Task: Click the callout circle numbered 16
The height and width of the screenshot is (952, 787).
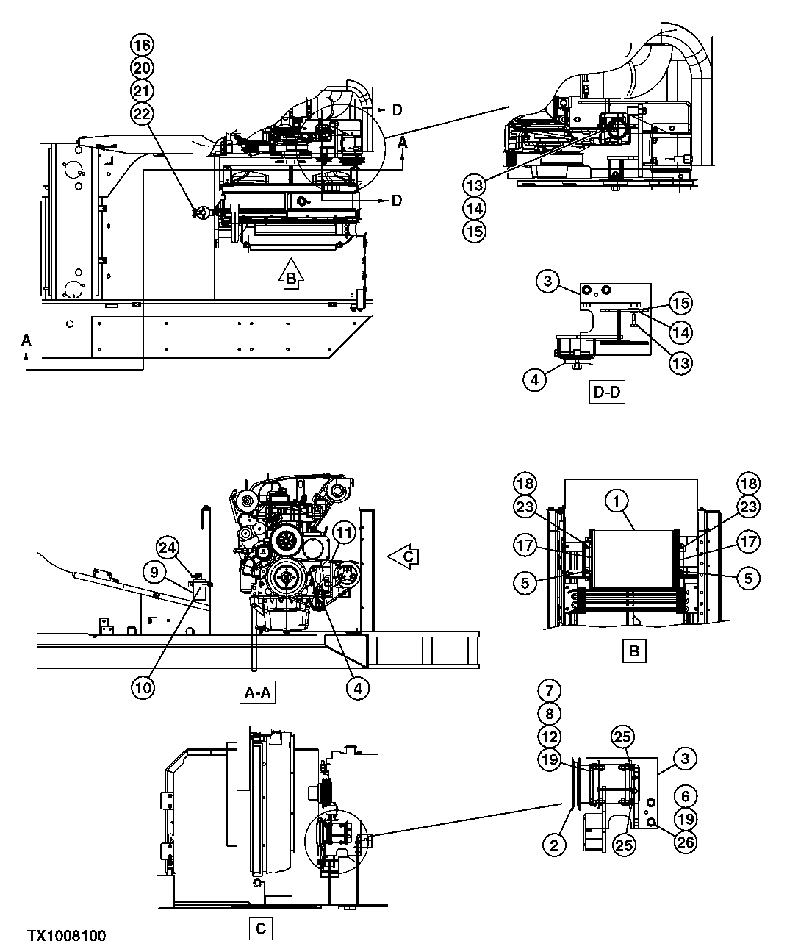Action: click(142, 45)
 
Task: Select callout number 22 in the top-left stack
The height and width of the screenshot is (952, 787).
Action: click(142, 113)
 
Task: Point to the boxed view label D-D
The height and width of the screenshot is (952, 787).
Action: click(607, 392)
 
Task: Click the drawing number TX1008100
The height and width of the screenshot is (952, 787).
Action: click(67, 936)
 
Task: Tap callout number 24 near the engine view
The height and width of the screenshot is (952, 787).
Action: click(168, 548)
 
